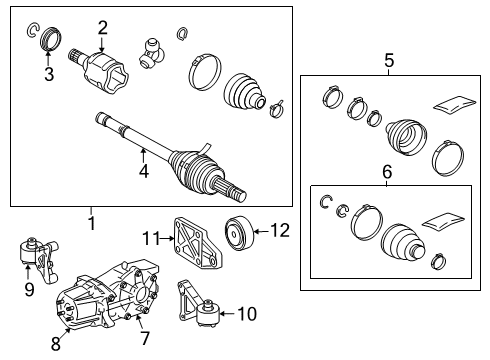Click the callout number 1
91,223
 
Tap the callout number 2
102,27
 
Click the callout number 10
246,314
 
